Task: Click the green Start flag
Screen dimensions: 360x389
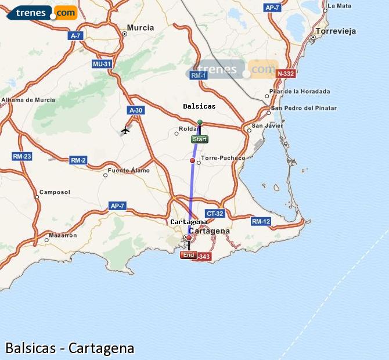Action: [199, 139]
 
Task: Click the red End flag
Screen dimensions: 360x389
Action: [188, 255]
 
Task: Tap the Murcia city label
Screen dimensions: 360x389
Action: [140, 27]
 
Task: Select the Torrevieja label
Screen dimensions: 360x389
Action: [335, 31]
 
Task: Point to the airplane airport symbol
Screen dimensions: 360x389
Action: [125, 129]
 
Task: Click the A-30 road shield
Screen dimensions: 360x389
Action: [135, 110]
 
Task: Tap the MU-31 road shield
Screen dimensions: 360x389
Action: [101, 64]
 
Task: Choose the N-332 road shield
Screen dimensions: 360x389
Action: [286, 74]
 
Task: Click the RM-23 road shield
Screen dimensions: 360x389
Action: [21, 156]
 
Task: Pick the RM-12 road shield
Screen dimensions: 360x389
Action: [261, 221]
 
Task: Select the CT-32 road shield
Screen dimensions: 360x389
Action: [215, 213]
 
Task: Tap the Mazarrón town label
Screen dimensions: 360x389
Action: [63, 235]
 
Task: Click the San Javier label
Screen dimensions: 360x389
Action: [266, 125]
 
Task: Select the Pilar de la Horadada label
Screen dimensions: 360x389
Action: [300, 91]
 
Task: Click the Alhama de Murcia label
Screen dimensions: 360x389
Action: [28, 100]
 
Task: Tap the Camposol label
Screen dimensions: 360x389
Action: [55, 192]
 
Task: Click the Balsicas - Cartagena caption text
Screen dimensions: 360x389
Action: [70, 348]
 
